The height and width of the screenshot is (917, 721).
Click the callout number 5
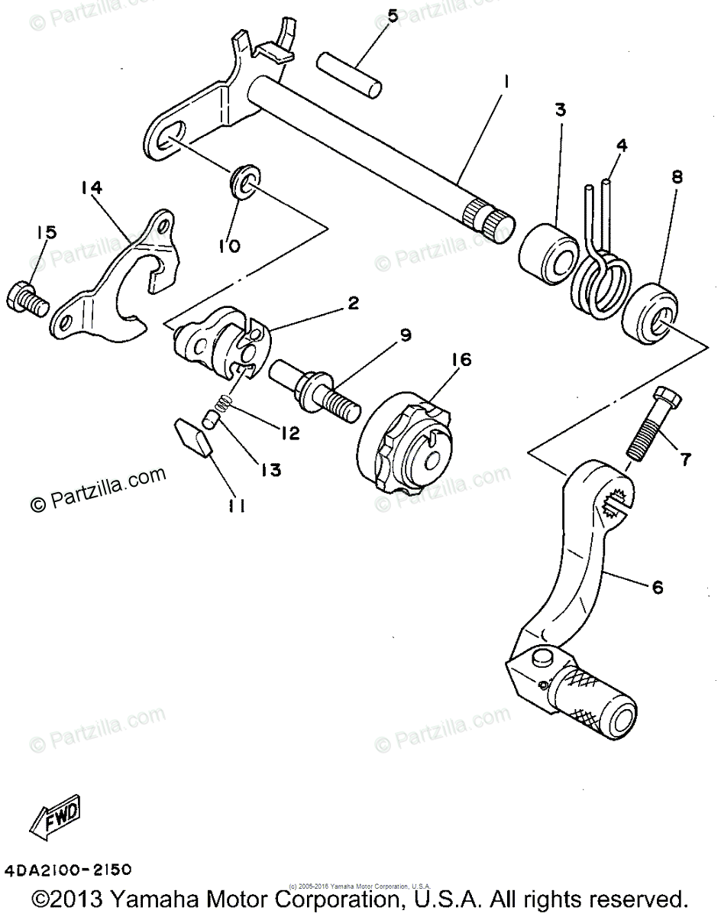tap(392, 16)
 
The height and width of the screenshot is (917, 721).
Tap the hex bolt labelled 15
tap(26, 300)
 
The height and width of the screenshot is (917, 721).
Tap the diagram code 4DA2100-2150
tap(68, 870)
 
